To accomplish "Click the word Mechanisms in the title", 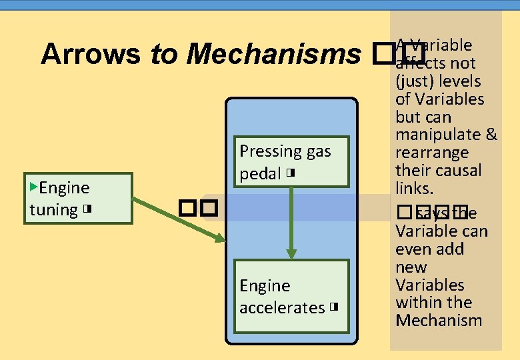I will (270, 54).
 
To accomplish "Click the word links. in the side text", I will (415, 188).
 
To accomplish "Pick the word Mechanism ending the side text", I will (438, 320).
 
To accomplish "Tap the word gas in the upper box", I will (318, 151).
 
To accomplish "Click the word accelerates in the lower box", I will (281, 308).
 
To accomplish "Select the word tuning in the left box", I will (53, 210).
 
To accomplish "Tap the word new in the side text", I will (411, 267).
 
